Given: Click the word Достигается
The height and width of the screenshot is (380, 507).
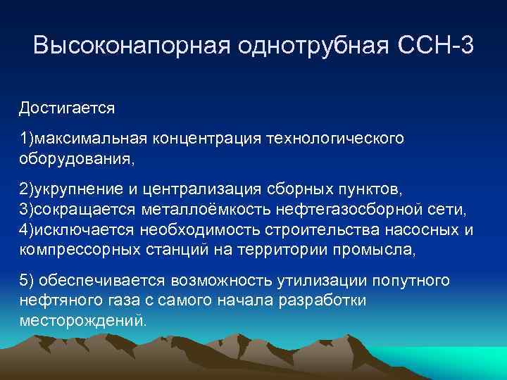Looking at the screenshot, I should pyautogui.click(x=67, y=109).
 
